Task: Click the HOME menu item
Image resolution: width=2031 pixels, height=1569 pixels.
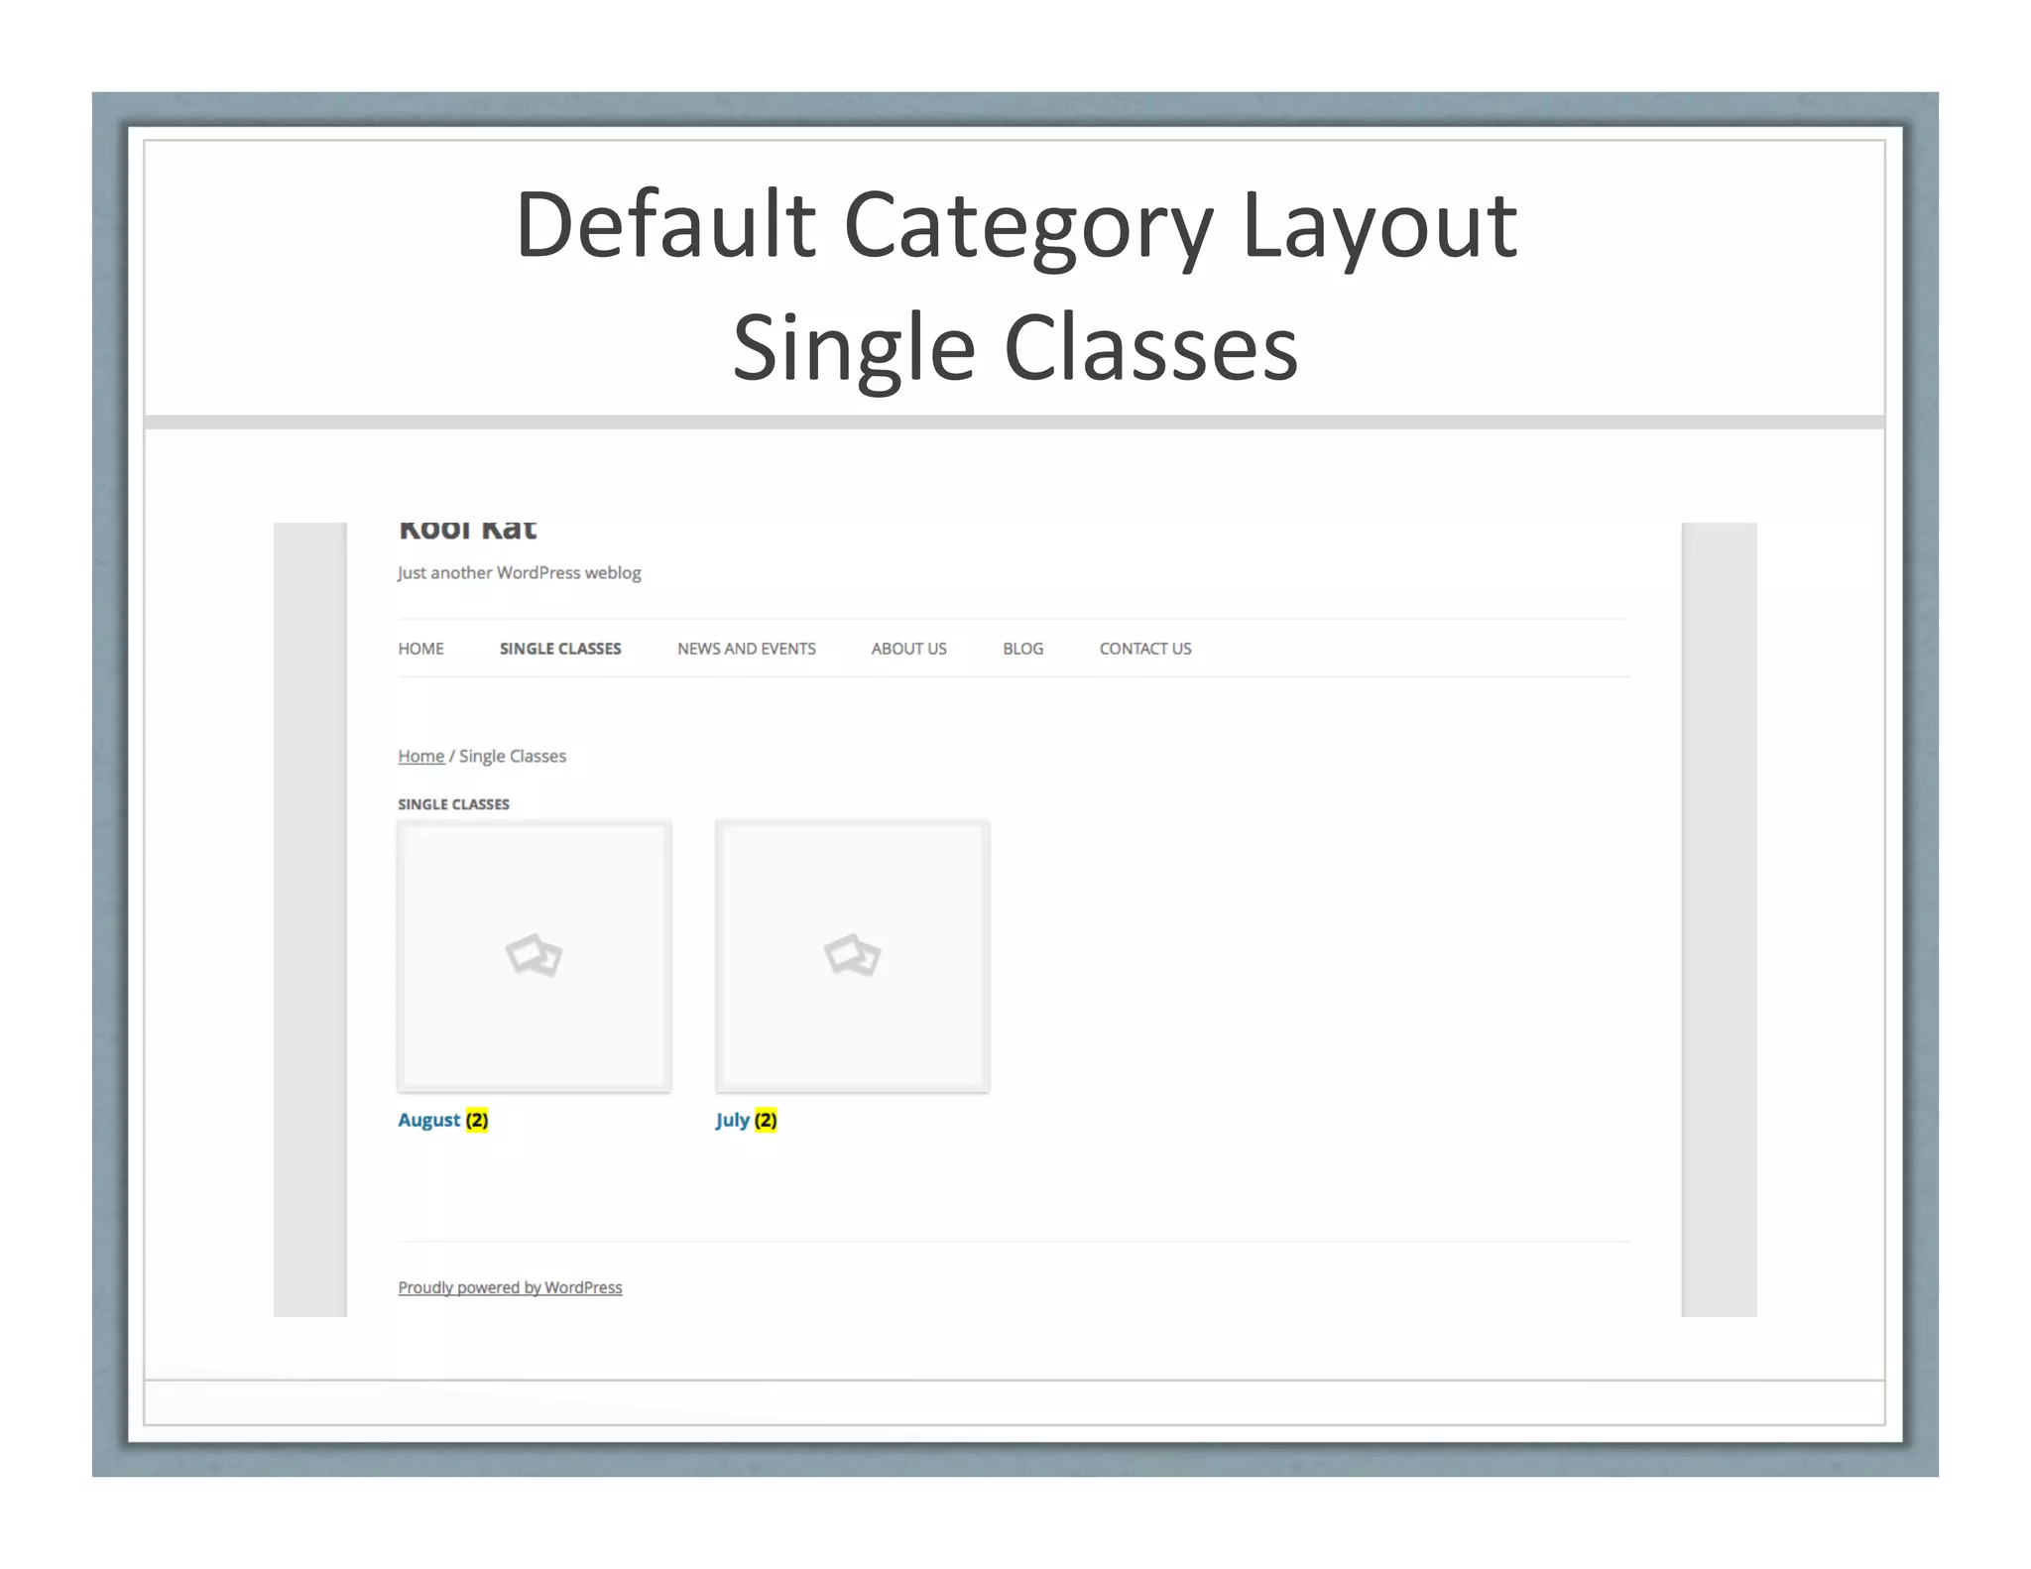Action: tap(420, 649)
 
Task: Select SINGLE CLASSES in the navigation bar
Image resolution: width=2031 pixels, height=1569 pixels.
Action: tap(560, 649)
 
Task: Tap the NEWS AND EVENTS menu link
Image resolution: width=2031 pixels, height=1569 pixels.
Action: tap(746, 649)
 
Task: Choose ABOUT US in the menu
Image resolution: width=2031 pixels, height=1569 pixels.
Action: tap(908, 649)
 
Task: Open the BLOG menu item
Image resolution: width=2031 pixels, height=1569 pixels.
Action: tap(1022, 649)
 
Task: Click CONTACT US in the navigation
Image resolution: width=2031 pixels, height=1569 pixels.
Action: tap(1144, 649)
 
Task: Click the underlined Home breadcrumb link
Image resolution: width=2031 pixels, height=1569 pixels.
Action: tap(420, 757)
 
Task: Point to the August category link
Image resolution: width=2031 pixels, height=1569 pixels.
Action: tap(428, 1120)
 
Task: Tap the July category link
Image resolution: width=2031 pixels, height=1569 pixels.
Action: tap(732, 1120)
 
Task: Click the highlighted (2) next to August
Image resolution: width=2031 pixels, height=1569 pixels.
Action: tap(477, 1120)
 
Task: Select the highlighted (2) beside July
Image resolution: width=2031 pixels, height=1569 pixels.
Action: tap(766, 1120)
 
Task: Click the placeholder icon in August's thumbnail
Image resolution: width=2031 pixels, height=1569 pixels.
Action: tap(534, 955)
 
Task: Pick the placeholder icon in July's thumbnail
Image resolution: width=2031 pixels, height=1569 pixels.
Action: tap(852, 955)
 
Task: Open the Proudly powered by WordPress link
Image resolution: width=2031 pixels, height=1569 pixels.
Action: tap(510, 1287)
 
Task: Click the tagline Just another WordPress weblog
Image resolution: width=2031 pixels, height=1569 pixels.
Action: tap(519, 573)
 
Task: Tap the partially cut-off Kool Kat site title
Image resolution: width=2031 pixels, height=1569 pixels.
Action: tap(467, 530)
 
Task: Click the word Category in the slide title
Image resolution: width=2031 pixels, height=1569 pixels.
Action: tap(1027, 227)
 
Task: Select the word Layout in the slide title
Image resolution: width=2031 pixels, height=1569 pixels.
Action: tap(1378, 227)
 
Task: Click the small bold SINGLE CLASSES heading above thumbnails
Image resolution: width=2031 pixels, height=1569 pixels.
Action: tap(453, 804)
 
